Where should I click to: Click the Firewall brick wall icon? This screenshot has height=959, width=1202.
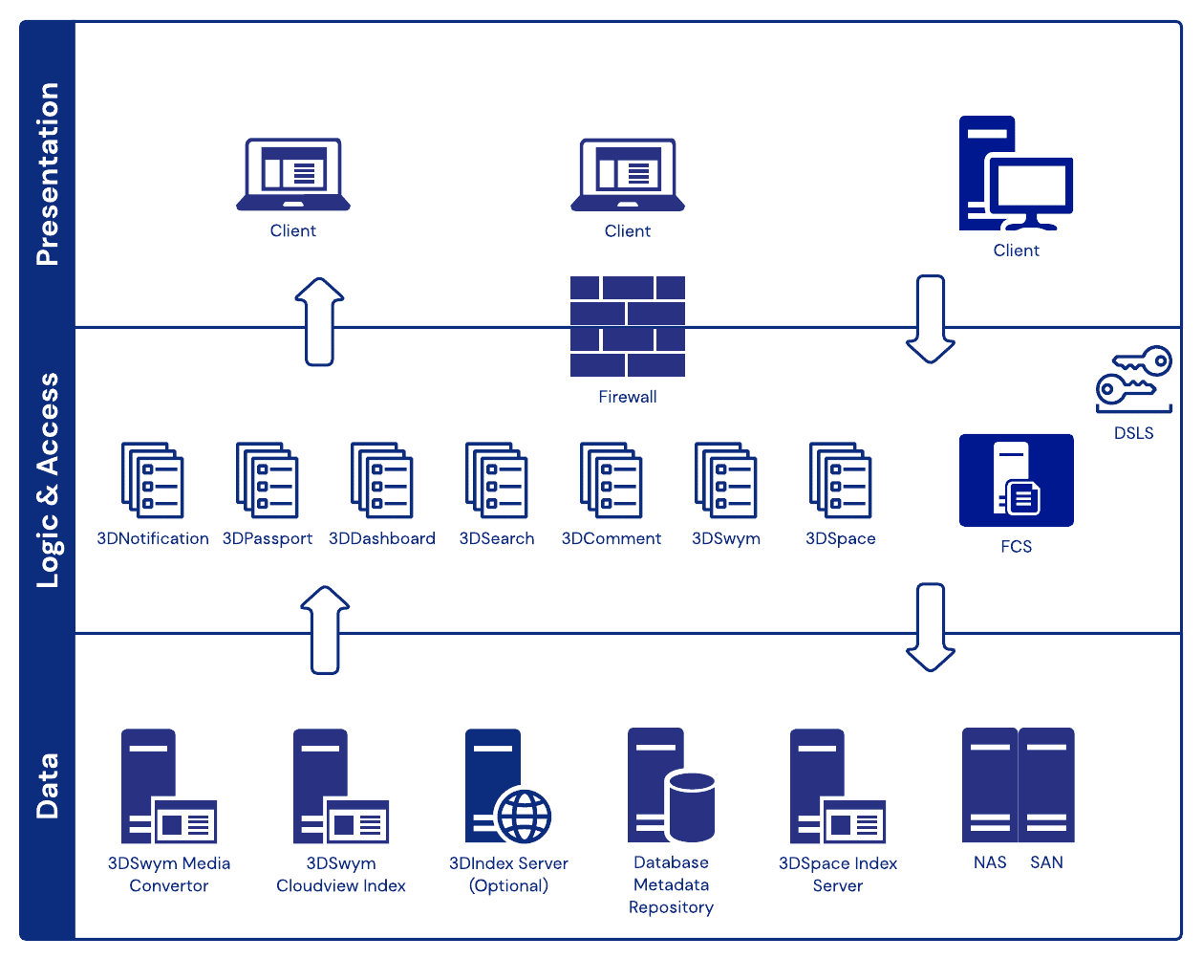(x=628, y=326)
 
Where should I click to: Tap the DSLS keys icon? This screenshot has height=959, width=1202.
(x=1134, y=378)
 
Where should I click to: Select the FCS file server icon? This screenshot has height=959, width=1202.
(x=1016, y=480)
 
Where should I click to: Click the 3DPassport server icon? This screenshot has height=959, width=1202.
(x=268, y=480)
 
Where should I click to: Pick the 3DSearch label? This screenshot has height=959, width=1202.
(x=497, y=538)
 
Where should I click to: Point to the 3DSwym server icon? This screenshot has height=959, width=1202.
(x=726, y=480)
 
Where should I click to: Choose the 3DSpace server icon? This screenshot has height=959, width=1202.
(x=841, y=480)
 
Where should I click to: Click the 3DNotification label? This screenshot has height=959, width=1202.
(x=153, y=538)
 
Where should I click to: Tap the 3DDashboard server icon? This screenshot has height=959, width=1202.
(x=382, y=480)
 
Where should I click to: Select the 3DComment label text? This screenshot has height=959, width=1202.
(x=612, y=538)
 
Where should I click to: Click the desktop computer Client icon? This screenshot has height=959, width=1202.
(x=1016, y=174)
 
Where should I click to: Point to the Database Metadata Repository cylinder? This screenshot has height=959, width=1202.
(x=692, y=805)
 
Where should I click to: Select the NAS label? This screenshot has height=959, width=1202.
(x=990, y=862)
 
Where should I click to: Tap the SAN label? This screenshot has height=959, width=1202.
(x=1046, y=862)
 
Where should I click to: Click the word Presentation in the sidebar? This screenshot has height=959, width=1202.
(x=48, y=174)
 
